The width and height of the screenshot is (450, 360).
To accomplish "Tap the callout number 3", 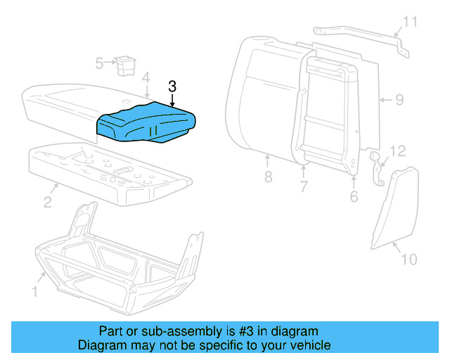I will tap(172, 86).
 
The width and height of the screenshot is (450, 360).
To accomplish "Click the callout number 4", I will tap(146, 77).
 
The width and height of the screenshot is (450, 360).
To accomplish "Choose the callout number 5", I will tap(354, 196).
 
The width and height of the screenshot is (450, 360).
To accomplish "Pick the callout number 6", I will tap(304, 187).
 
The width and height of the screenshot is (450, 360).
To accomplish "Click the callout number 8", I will tap(399, 100).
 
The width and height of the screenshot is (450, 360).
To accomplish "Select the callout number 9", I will tap(409, 259).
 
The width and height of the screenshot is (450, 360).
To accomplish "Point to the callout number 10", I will tap(409, 22).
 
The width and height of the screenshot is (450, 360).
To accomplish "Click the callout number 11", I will tap(398, 150).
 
